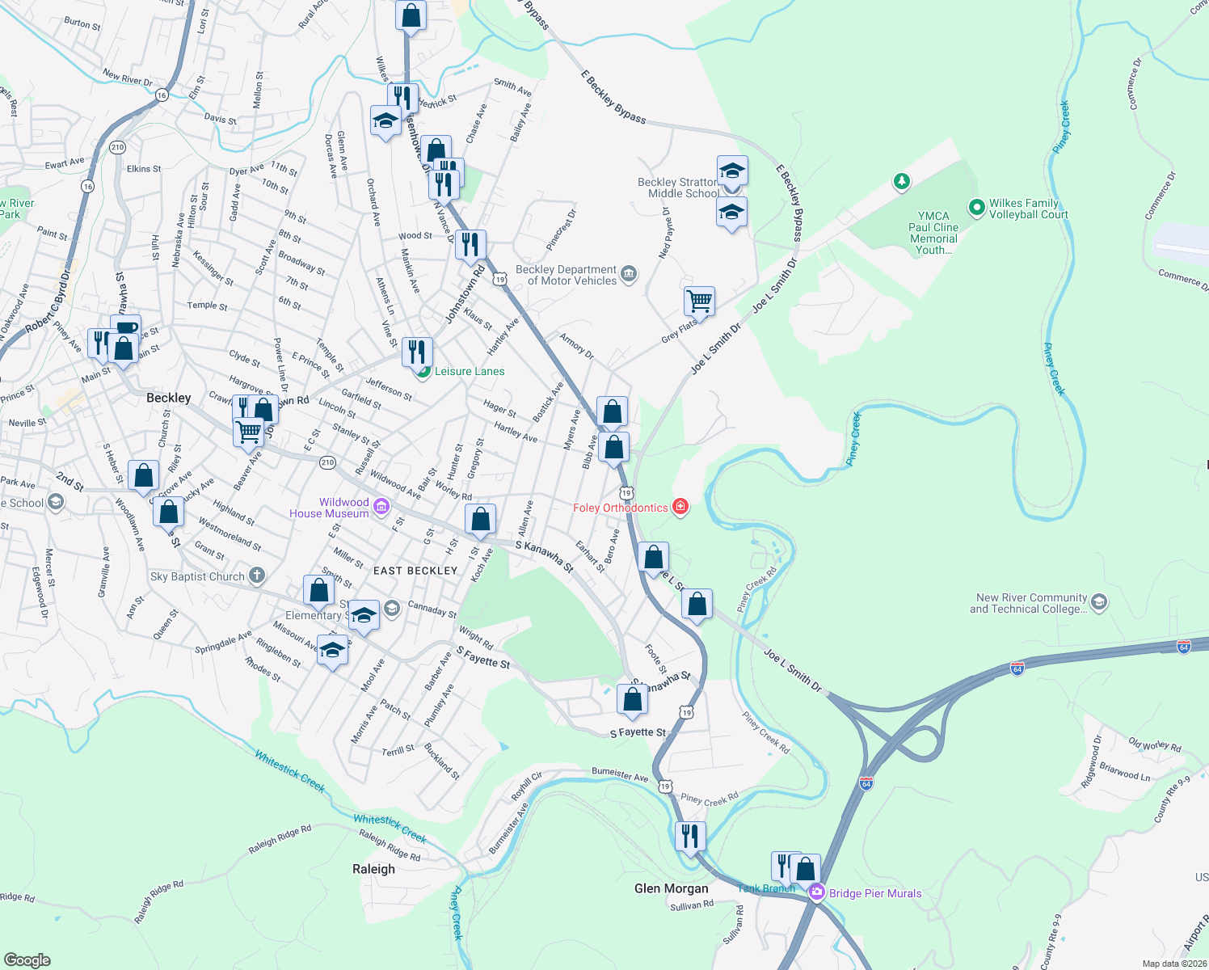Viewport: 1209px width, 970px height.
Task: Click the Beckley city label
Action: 168,398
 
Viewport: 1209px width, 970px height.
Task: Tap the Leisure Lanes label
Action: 469,371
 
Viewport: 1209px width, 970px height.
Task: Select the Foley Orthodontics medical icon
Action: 680,507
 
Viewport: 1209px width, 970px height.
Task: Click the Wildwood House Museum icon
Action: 381,508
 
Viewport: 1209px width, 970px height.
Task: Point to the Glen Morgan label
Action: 671,888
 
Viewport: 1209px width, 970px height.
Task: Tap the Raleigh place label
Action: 373,869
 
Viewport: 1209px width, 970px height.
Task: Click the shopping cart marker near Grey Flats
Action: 699,301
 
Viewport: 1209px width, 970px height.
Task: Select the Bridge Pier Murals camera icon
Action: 816,892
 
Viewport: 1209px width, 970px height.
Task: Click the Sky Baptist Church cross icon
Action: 256,576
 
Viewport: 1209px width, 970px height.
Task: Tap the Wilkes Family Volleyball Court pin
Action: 976,209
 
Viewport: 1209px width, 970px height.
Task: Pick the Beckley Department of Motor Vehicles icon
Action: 629,275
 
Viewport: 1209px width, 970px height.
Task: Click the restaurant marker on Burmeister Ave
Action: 690,835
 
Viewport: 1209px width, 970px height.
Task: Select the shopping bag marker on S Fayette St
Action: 632,699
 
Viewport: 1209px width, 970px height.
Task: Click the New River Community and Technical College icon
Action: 1098,602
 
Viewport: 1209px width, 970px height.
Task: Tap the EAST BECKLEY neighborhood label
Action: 415,571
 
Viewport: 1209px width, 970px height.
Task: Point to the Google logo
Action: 27,959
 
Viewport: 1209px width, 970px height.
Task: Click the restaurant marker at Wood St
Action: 470,243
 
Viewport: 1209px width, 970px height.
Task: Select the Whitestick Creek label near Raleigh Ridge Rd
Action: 390,828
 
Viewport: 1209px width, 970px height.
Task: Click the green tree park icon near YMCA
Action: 902,181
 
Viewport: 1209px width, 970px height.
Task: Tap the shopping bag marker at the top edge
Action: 411,15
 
